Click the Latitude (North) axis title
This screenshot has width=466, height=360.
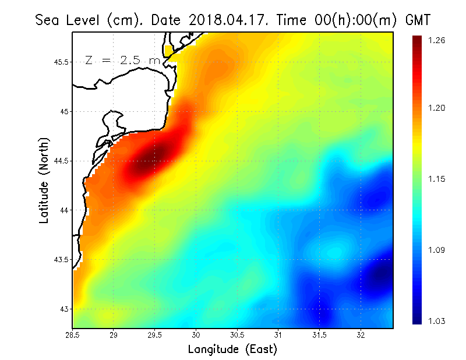(44, 180)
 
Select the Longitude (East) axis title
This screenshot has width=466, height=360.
(232, 349)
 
